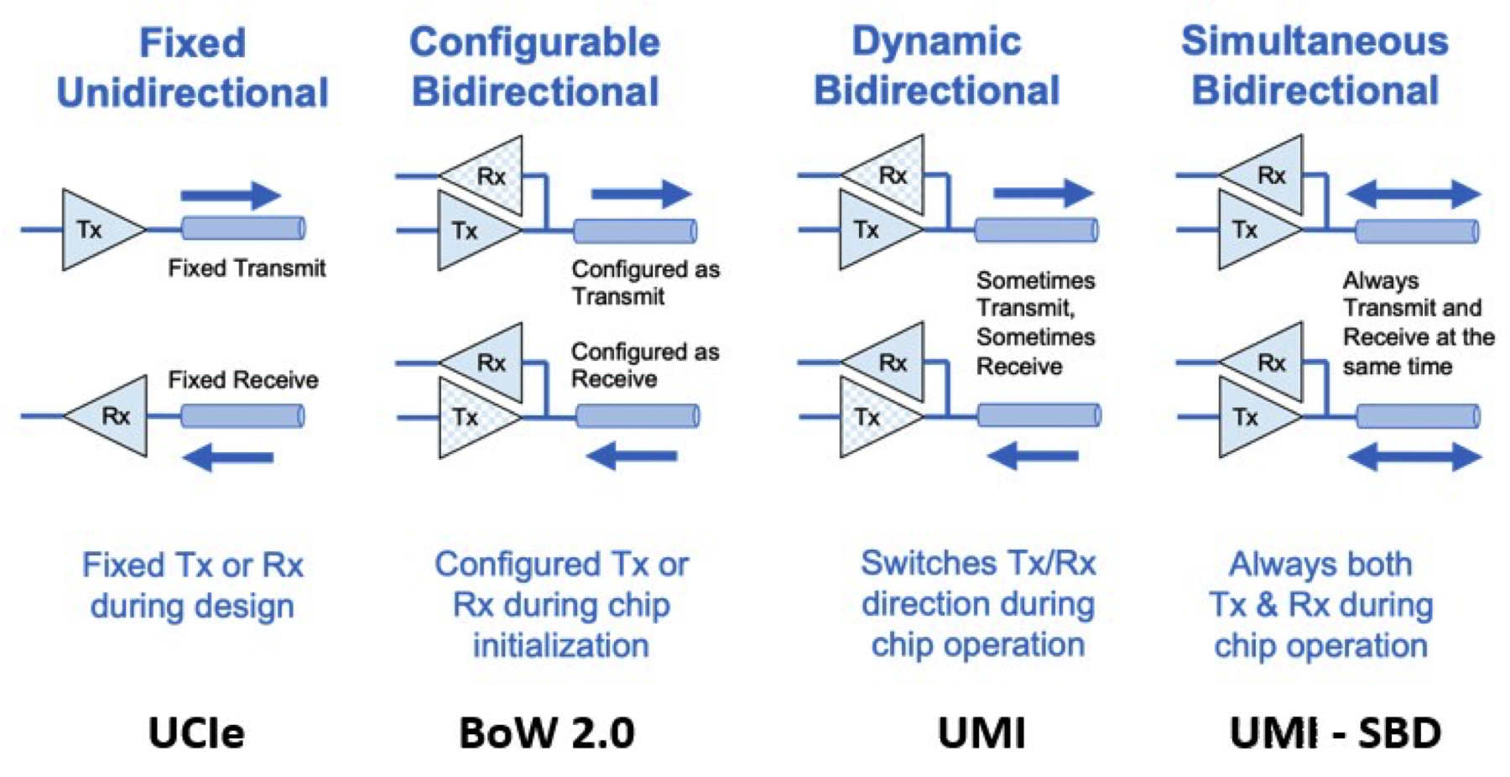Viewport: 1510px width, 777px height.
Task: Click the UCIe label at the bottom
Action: (x=196, y=733)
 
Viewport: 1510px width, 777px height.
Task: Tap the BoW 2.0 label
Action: (x=546, y=733)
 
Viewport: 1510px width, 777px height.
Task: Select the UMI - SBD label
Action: (x=1335, y=733)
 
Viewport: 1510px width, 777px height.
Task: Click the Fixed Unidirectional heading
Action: (x=192, y=67)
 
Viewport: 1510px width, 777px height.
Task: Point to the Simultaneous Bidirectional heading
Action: (x=1315, y=65)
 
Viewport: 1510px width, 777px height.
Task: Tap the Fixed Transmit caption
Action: (x=247, y=269)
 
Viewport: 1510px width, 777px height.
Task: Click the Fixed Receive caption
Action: (x=243, y=380)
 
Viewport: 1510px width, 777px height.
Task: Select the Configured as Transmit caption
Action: (x=644, y=283)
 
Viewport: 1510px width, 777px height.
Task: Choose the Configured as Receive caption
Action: (x=644, y=365)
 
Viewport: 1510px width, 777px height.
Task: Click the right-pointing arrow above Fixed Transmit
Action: (x=231, y=196)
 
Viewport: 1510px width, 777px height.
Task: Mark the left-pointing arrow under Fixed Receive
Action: (x=228, y=457)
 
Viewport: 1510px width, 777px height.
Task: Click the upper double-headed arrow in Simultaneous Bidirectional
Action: (x=1414, y=194)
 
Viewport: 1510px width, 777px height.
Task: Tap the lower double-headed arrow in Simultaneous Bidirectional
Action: (x=1414, y=457)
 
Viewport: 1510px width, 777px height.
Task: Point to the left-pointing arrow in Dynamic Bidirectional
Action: (x=1033, y=456)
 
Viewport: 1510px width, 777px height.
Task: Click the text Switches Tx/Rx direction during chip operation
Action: (x=977, y=604)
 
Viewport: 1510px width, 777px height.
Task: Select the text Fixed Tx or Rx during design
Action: (x=192, y=585)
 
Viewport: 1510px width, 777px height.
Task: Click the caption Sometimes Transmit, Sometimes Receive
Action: (x=1035, y=323)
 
